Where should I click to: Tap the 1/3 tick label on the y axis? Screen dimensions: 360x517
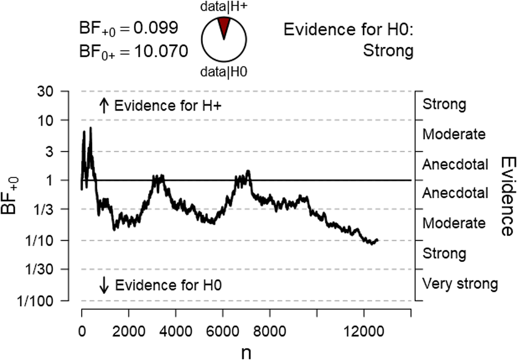pyautogui.click(x=49, y=209)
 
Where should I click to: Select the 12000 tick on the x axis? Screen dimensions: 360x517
pyautogui.click(x=364, y=330)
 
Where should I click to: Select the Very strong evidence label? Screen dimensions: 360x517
pyautogui.click(x=460, y=283)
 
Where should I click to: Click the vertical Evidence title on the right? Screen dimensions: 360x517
pyautogui.click(x=506, y=196)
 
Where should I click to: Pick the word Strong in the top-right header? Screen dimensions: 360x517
pyautogui.click(x=387, y=52)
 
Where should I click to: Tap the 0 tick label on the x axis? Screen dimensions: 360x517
pyautogui.click(x=82, y=330)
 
